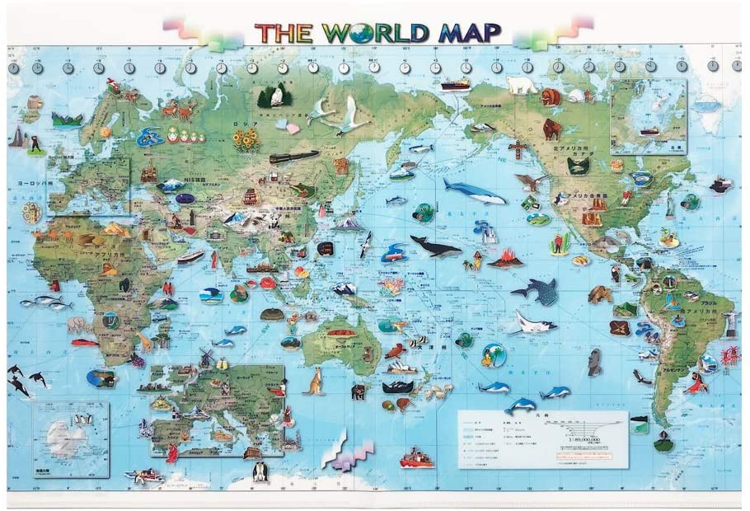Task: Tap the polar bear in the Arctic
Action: click(520, 84)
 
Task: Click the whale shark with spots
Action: click(536, 290)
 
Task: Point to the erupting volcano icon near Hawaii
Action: click(504, 259)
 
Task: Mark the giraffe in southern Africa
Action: click(146, 339)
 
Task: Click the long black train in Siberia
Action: click(293, 157)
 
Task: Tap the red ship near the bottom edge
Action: click(416, 457)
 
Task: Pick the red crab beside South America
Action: click(728, 356)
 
